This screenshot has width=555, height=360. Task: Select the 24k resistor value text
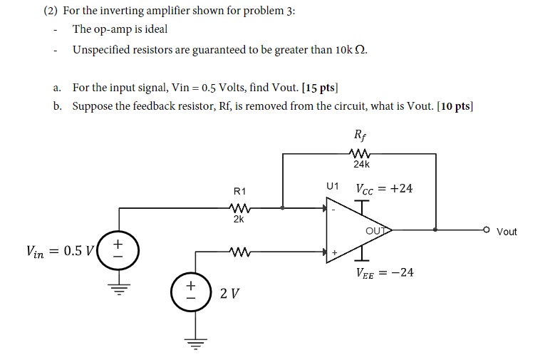(361, 164)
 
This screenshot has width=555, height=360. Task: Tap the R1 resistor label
(239, 191)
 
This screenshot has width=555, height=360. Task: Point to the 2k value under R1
(239, 220)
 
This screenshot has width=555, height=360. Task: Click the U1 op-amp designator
(332, 186)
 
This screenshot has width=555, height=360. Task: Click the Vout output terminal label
(507, 232)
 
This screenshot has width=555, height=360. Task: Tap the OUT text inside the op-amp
(375, 230)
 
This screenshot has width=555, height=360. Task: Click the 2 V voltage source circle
(190, 292)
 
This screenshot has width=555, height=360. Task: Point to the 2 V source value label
(229, 292)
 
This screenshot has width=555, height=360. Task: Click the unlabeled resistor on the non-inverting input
(239, 251)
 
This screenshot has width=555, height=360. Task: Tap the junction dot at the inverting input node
(284, 208)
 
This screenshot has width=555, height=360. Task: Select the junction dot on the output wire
(435, 230)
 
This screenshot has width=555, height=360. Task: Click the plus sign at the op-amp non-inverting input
(333, 252)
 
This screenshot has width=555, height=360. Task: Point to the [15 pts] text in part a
(320, 88)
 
